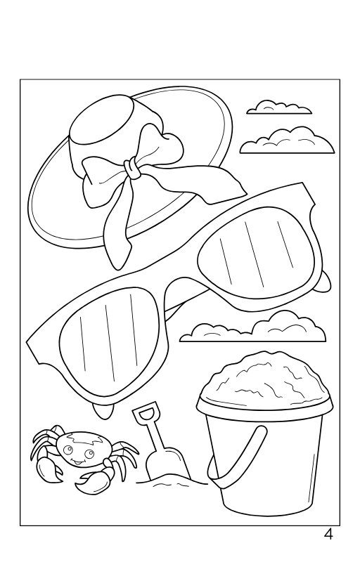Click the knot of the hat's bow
coord(131,167)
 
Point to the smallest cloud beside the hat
coord(278,107)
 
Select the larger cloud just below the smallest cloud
coord(287,142)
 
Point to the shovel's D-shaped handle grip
coord(146,415)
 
